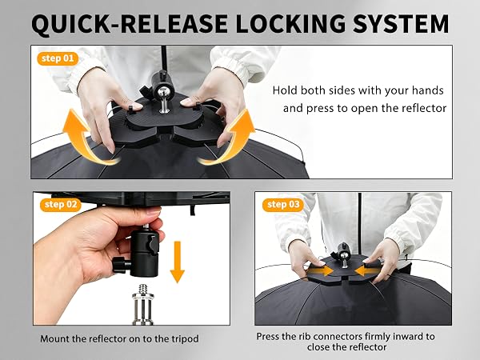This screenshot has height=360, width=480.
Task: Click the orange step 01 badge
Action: tap(58, 58)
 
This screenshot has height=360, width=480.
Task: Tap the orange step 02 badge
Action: tap(61, 205)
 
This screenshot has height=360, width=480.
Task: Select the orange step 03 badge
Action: tap(283, 205)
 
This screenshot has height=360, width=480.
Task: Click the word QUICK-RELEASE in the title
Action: tap(130, 24)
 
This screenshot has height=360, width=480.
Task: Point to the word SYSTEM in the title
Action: tap(401, 23)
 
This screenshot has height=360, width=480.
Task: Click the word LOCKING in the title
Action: tap(290, 23)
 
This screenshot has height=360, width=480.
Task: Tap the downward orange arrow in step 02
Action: tap(178, 262)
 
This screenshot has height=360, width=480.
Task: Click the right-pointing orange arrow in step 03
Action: tap(320, 270)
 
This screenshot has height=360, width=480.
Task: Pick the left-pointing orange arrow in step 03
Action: tap(369, 270)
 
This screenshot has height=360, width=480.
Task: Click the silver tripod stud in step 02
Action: tap(142, 304)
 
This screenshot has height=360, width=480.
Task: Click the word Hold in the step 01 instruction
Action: tap(285, 90)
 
